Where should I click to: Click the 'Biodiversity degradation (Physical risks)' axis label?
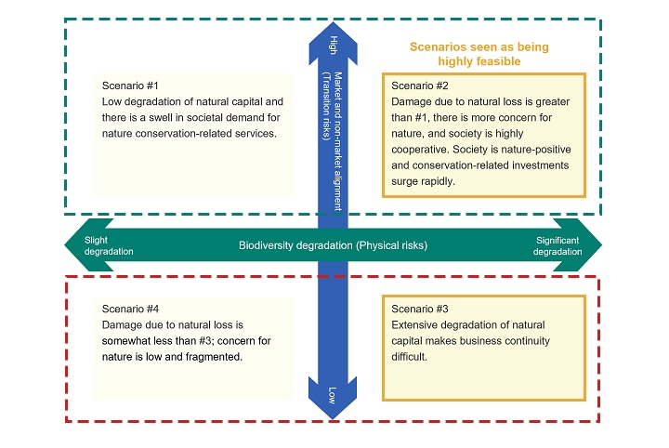point(334,245)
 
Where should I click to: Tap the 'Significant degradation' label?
point(558,245)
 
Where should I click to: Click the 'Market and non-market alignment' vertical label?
point(338,139)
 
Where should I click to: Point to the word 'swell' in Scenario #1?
point(185,118)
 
